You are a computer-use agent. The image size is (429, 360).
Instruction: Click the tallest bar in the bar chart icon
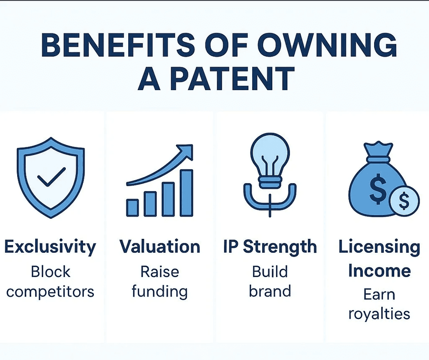click(x=186, y=192)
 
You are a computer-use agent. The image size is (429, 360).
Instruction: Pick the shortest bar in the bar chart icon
click(x=133, y=207)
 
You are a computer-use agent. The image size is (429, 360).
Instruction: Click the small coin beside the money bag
click(x=404, y=200)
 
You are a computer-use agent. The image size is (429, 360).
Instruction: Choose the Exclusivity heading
click(x=50, y=247)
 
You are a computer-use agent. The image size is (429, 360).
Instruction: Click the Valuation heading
click(x=160, y=247)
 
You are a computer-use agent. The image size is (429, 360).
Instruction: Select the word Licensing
click(x=379, y=247)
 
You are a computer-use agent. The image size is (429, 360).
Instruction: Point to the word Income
click(x=379, y=270)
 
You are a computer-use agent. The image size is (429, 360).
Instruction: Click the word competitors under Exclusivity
click(x=50, y=291)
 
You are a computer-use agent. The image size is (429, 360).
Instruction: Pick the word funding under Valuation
click(x=160, y=291)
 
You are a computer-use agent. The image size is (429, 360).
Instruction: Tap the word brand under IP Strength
click(x=270, y=291)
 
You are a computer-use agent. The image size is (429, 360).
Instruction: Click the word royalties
click(x=379, y=314)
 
